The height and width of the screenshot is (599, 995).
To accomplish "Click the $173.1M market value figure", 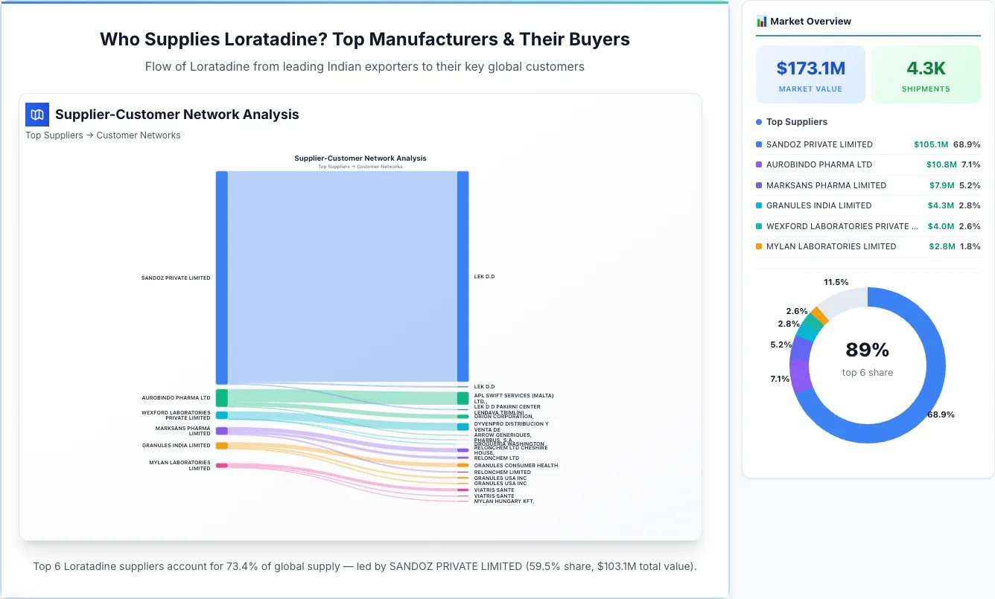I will [810, 68].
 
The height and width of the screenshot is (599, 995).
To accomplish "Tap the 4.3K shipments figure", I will [926, 68].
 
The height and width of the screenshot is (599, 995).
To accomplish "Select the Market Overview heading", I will [810, 22].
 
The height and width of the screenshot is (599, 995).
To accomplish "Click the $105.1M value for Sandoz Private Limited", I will [931, 144].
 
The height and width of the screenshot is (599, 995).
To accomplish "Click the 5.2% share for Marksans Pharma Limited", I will [970, 185].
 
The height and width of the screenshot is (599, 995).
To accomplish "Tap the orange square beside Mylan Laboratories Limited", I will [759, 246].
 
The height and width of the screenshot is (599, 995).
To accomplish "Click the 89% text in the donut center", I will [867, 350].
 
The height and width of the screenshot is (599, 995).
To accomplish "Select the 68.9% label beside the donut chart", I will [941, 414].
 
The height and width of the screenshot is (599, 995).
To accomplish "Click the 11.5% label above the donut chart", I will [836, 282].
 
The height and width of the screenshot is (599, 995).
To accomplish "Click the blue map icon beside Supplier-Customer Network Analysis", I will [37, 115].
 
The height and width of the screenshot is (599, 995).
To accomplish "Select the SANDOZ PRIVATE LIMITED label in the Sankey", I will [176, 278].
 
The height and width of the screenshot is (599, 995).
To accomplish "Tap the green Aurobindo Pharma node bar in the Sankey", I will [222, 397].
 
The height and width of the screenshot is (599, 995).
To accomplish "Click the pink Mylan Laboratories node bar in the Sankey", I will [222, 465].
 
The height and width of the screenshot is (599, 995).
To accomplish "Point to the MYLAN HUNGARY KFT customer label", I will [504, 502].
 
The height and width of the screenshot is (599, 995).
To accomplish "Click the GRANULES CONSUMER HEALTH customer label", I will [515, 466].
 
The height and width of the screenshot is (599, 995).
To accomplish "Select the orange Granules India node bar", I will [222, 446].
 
